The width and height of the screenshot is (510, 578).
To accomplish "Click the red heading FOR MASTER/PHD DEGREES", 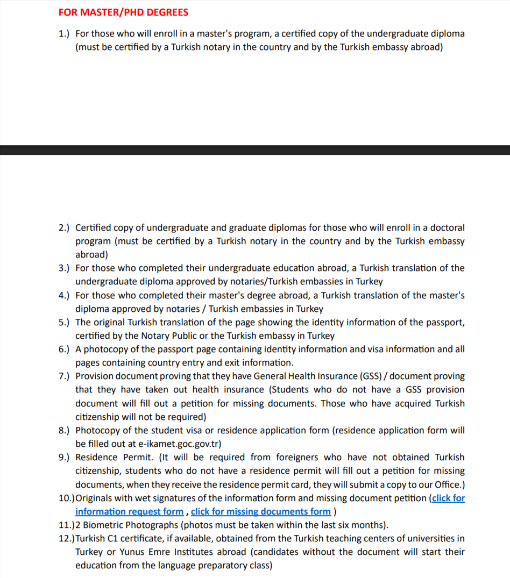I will pos(123,12).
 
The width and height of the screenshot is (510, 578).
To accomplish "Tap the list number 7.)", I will pos(64,376).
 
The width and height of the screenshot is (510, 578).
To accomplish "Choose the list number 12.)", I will pos(66,538).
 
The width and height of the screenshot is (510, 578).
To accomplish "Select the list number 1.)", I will pos(64,33).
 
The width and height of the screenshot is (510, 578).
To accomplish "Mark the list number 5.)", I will pos(64,323).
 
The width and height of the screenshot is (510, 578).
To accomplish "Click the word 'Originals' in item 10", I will pos(96,498).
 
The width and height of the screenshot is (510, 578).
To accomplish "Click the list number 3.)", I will pos(64,268).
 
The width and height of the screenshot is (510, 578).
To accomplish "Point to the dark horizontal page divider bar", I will pos(255,150).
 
